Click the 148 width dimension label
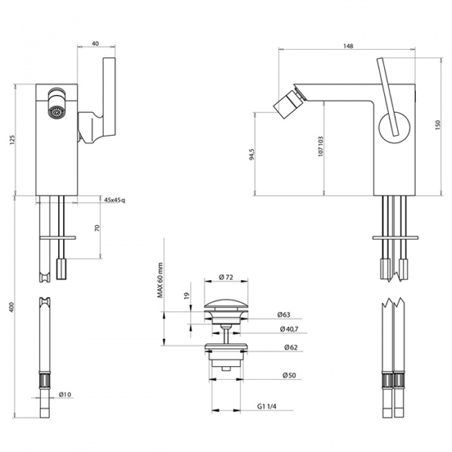point(348,46)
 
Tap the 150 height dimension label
point(438,125)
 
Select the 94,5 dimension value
point(252,154)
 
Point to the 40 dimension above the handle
point(95,44)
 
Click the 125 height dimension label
point(12,139)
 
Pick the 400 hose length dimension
point(12,307)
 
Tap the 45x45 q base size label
point(115,200)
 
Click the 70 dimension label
point(97,228)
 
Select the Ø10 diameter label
point(65,394)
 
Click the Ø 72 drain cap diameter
point(226,277)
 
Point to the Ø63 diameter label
point(284,314)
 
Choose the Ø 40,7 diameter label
point(289,329)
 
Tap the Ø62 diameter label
point(291,347)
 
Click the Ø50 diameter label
point(289,375)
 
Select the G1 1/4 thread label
point(267,407)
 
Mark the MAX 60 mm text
point(160,280)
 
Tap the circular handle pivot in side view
point(394,127)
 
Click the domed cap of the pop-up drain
point(226,304)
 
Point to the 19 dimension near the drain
point(187,295)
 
